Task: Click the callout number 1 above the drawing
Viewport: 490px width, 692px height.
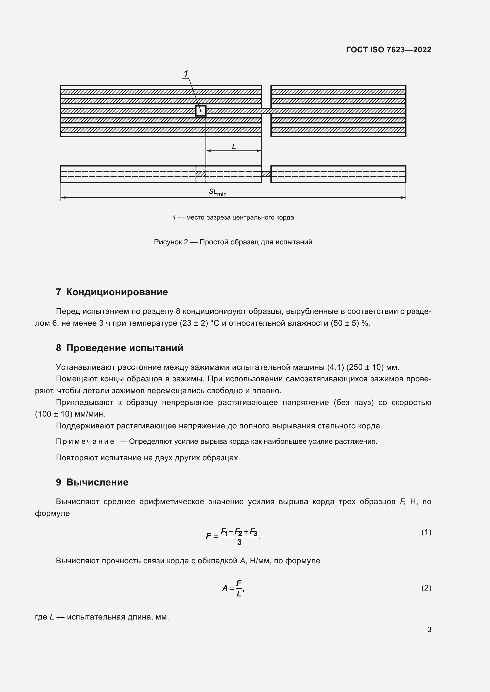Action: click(186, 74)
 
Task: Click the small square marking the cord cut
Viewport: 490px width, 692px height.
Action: click(201, 111)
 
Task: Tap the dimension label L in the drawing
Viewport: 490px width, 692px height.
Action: click(233, 147)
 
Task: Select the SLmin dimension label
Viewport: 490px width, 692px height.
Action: click(217, 192)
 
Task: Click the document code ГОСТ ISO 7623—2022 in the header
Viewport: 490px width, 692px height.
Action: click(389, 50)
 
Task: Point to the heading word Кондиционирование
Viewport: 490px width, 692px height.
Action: click(117, 292)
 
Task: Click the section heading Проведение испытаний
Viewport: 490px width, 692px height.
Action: click(125, 348)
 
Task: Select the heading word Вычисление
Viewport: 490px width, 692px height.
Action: click(97, 482)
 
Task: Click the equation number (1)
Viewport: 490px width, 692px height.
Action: click(426, 532)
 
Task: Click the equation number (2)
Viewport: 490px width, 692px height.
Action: click(426, 588)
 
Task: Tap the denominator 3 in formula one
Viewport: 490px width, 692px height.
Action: click(239, 542)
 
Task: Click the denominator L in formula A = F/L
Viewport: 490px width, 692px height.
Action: click(239, 594)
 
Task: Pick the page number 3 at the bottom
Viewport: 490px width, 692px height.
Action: click(429, 629)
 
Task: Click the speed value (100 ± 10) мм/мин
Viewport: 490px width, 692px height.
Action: click(70, 414)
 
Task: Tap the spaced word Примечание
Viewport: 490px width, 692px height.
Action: click(85, 441)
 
